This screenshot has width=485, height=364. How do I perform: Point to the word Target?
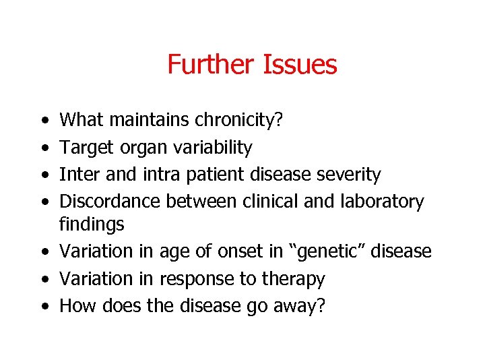tap(87, 148)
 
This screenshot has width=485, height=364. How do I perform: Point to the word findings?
tap(92, 224)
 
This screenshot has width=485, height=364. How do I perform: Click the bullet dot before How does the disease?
tap(44, 306)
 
